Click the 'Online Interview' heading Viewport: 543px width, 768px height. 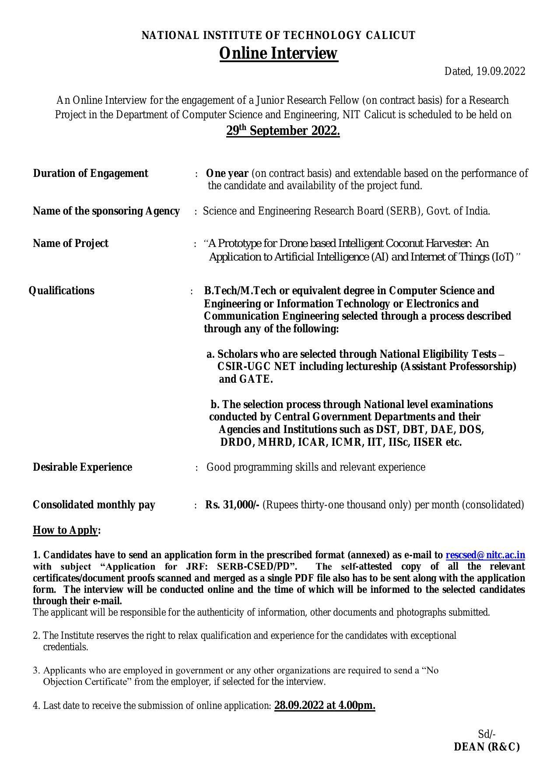[x=278, y=53]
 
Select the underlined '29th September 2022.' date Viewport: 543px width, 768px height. [x=283, y=131]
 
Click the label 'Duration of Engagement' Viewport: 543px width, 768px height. [x=91, y=173]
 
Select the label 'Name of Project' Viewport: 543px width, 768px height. [x=70, y=243]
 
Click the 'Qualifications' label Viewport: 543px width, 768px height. [x=61, y=291]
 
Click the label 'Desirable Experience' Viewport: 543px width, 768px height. [x=82, y=467]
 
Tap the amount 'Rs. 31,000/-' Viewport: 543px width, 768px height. [x=232, y=505]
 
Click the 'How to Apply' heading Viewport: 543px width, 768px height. [x=66, y=530]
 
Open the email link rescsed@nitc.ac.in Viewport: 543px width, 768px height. [x=485, y=555]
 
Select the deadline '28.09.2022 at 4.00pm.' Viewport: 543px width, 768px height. [x=325, y=705]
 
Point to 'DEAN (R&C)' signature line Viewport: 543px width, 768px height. [x=487, y=747]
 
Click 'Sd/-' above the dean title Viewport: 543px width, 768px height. [x=487, y=734]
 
